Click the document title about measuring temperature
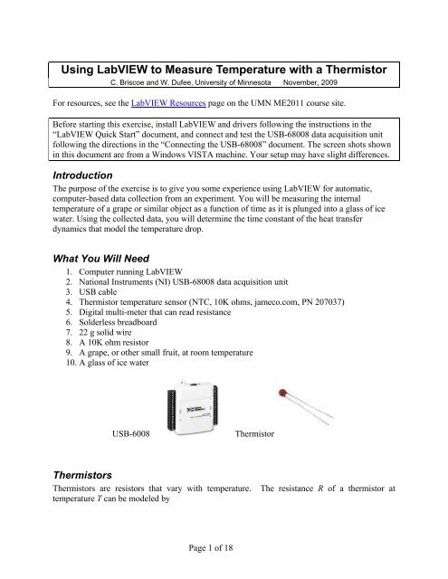(x=224, y=70)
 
